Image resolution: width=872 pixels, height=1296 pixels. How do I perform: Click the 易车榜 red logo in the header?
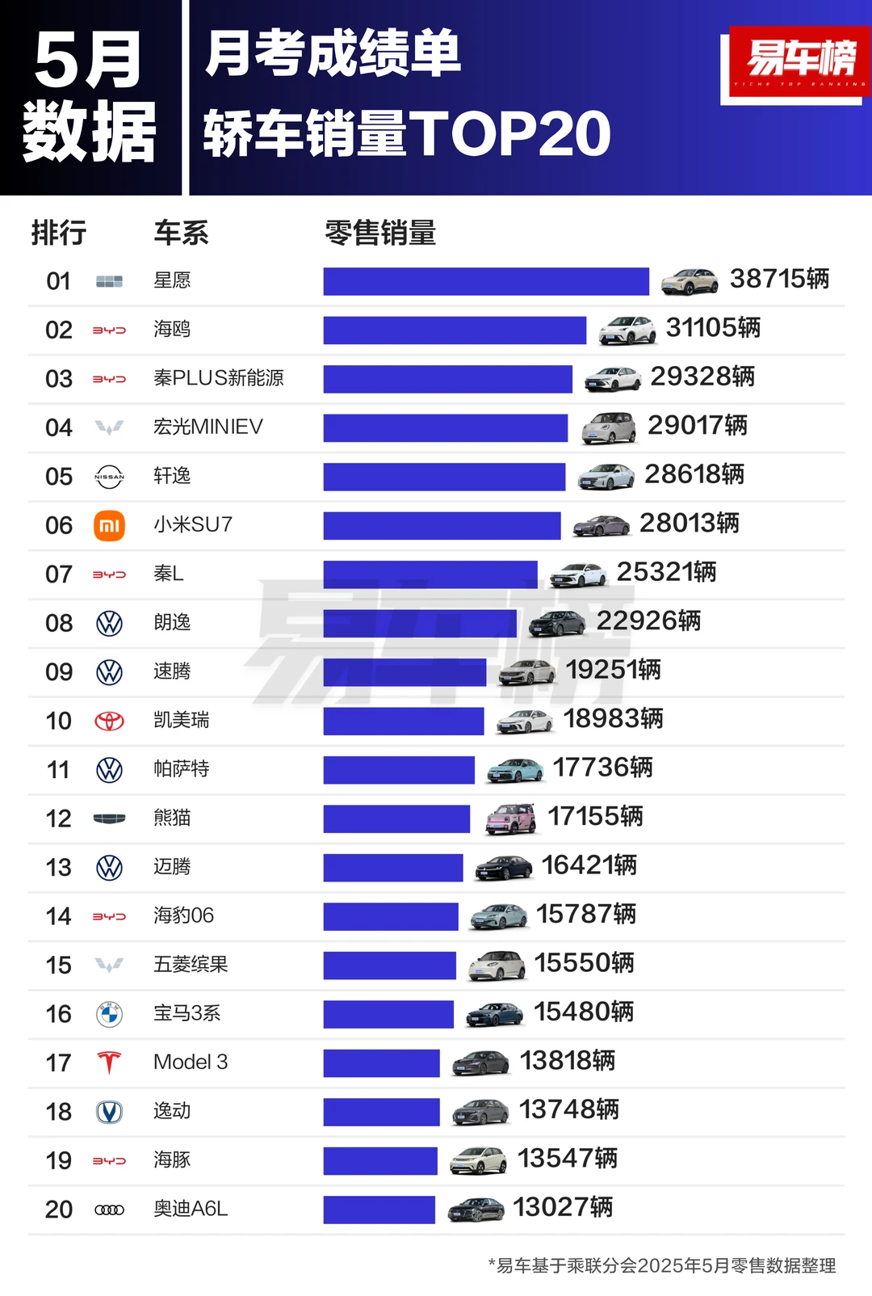click(x=799, y=61)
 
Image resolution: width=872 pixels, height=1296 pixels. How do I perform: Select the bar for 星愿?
click(x=486, y=282)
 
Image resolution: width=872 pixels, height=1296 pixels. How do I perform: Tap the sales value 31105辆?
click(x=713, y=328)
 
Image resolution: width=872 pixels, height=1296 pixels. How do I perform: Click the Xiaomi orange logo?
click(x=109, y=526)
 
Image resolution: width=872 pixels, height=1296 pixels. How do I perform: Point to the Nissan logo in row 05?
click(x=109, y=477)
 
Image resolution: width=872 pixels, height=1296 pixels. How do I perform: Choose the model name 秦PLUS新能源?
click(x=218, y=378)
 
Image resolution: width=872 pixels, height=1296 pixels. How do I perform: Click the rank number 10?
click(x=59, y=721)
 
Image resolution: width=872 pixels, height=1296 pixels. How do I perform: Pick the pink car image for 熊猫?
click(x=511, y=818)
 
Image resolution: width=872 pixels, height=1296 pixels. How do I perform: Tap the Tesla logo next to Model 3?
click(x=109, y=1062)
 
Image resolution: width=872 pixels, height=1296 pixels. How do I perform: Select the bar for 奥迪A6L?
click(x=379, y=1210)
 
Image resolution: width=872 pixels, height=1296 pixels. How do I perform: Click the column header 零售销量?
click(x=380, y=234)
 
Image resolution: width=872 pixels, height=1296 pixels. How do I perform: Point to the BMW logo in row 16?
click(x=109, y=1014)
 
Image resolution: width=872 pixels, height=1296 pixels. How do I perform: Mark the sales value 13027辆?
click(x=563, y=1208)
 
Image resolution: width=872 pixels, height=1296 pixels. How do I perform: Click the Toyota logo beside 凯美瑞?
click(x=109, y=721)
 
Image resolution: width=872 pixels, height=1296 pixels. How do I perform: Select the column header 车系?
click(x=181, y=234)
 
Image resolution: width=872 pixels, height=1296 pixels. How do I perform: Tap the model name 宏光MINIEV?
click(x=208, y=427)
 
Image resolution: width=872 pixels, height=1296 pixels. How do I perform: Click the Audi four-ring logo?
click(x=109, y=1210)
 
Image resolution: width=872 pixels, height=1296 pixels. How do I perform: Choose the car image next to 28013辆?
click(x=601, y=526)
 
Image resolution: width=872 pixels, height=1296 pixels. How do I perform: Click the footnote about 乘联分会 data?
click(x=662, y=1265)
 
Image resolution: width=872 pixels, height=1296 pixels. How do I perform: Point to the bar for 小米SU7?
click(x=442, y=526)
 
